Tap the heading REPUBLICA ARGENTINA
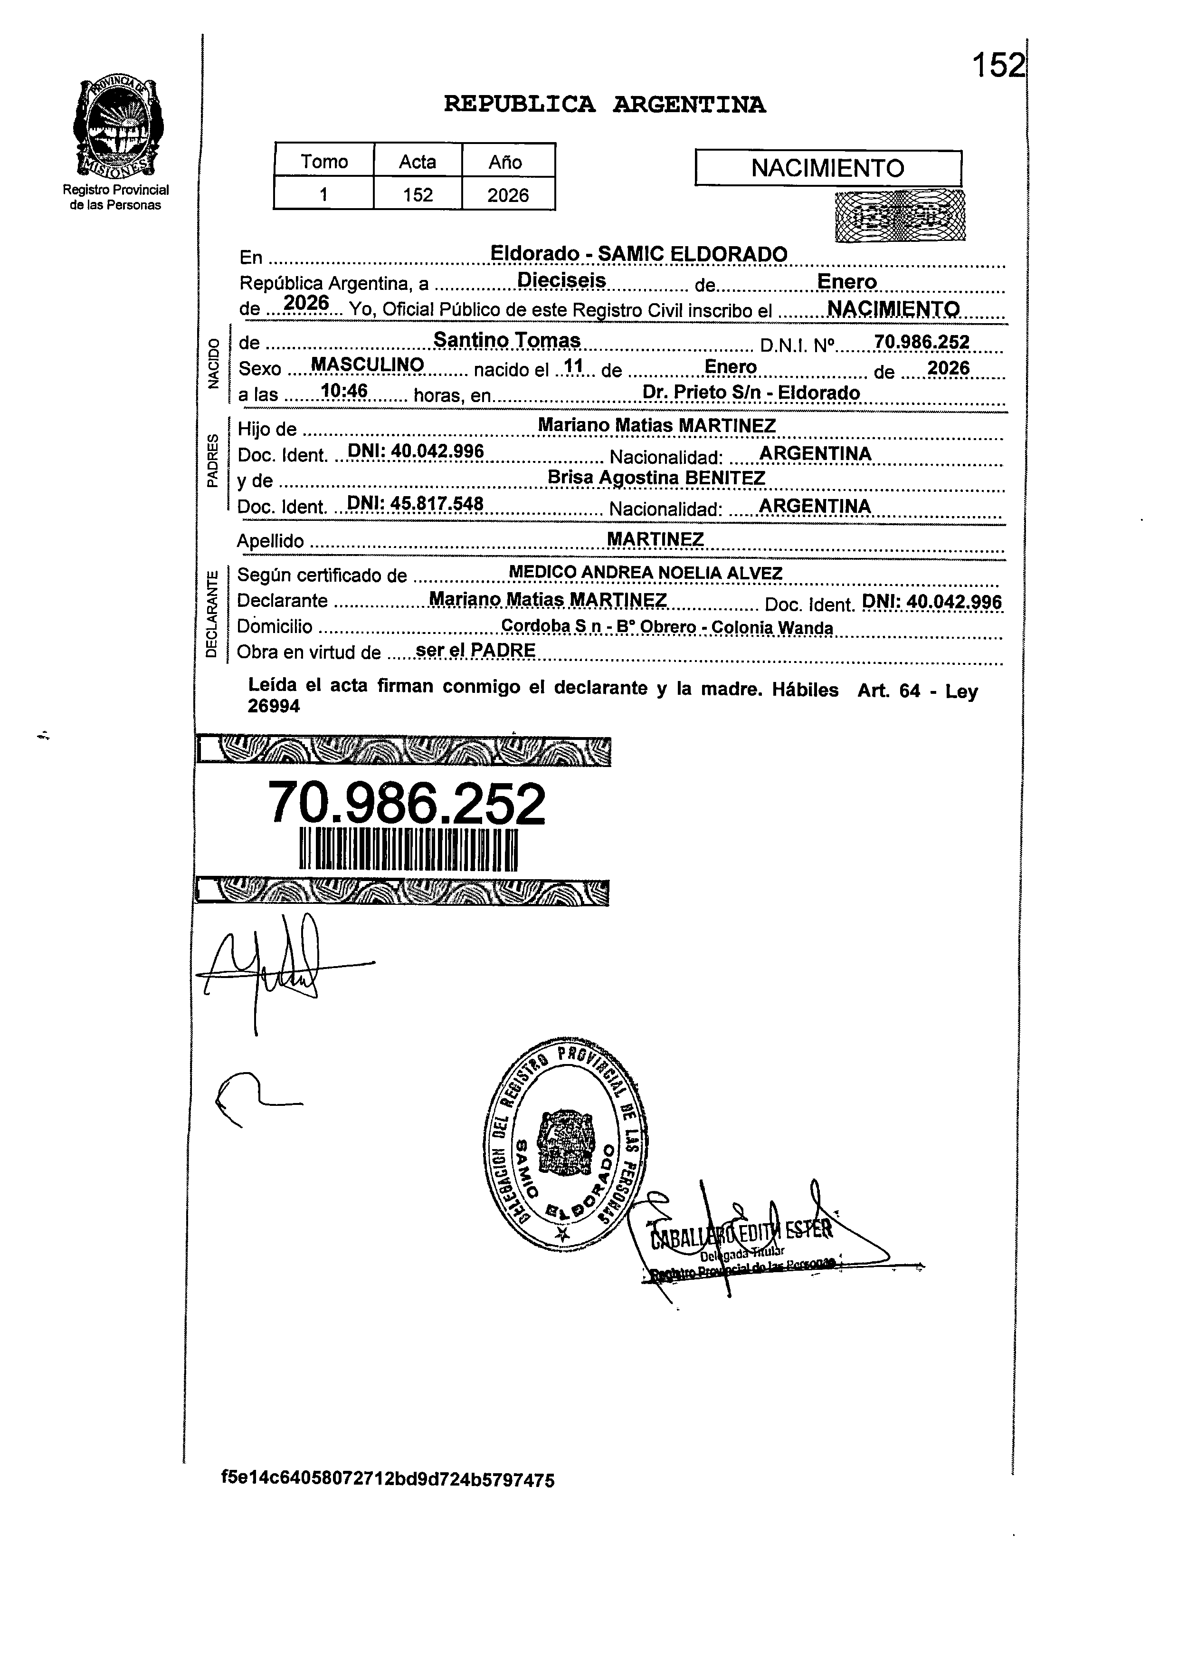[x=605, y=106]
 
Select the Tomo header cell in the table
[x=324, y=162]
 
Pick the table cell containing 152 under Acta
[x=418, y=195]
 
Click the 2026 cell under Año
[x=508, y=195]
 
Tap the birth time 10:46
[x=344, y=391]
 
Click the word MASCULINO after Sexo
[x=368, y=365]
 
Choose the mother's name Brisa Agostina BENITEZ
[x=656, y=478]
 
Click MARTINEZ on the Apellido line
[x=655, y=538]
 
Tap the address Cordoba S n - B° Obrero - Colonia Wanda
[x=667, y=627]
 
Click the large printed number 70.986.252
[x=407, y=803]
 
